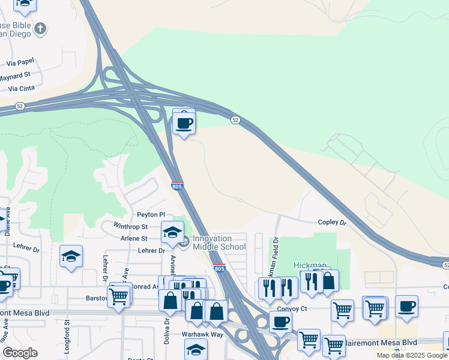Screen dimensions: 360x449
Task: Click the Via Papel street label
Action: (x=20, y=62)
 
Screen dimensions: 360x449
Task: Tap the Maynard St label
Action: (x=15, y=76)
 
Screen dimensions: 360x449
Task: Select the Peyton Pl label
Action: (x=151, y=214)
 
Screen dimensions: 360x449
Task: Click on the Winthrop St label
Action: (x=131, y=226)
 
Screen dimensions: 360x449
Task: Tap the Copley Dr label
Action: (x=333, y=223)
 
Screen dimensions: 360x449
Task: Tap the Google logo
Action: (x=20, y=353)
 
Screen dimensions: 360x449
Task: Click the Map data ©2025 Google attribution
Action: (x=412, y=355)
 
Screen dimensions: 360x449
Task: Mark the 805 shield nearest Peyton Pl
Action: (x=177, y=187)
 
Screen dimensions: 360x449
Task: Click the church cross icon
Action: (x=40, y=28)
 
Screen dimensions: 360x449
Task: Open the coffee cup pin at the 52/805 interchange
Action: (x=184, y=124)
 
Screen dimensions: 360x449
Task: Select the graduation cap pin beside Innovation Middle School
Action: (x=172, y=233)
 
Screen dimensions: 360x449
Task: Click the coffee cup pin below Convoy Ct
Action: (x=280, y=322)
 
